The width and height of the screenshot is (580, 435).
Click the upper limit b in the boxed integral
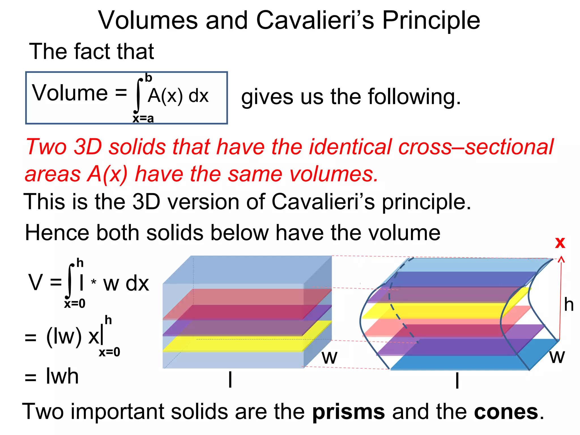tap(148, 78)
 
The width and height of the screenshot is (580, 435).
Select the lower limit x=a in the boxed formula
tap(143, 118)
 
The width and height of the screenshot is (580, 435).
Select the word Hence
tap(57, 233)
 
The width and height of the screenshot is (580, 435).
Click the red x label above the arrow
tap(560, 242)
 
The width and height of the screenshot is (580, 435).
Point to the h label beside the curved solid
tap(569, 304)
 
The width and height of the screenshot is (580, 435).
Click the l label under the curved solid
tap(457, 380)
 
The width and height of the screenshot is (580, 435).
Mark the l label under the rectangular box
tap(230, 379)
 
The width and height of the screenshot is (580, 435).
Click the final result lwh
tap(62, 376)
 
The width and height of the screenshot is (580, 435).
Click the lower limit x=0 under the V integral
tap(74, 304)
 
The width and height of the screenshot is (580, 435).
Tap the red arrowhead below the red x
tap(561, 259)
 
